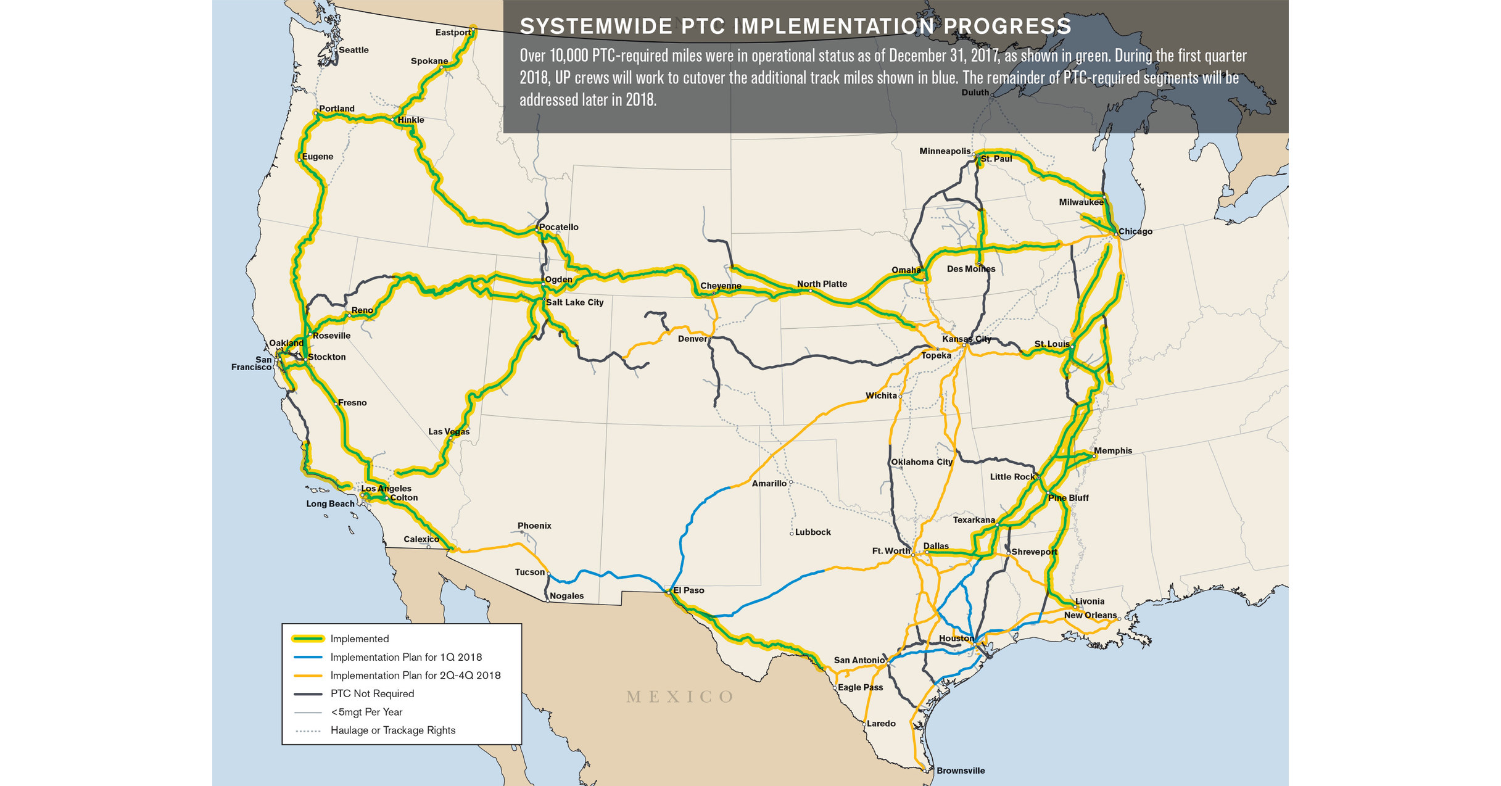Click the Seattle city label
[x=354, y=50]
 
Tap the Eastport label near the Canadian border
[x=453, y=33]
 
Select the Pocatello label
[x=558, y=227]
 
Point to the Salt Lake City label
[x=574, y=302]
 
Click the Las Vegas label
[x=449, y=431]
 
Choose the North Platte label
[x=822, y=284]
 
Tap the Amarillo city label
[x=769, y=484]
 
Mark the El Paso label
[x=688, y=590]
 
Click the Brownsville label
[x=960, y=771]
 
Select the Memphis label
[x=1112, y=451]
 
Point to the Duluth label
[x=975, y=93]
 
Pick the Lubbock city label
[x=813, y=532]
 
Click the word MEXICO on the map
[x=680, y=697]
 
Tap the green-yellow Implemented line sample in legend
[x=308, y=639]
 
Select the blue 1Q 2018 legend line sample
[x=308, y=657]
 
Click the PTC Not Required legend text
[x=372, y=693]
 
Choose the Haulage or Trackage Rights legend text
[x=392, y=730]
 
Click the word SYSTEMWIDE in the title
[x=596, y=27]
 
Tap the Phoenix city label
[x=534, y=526]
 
